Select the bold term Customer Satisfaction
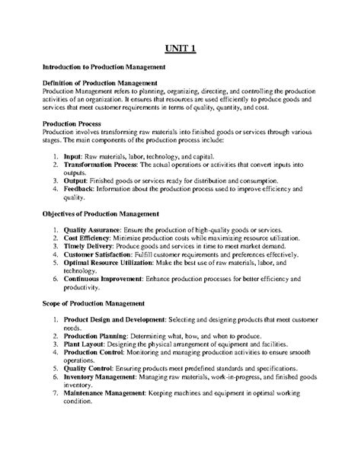tap(106, 256)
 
